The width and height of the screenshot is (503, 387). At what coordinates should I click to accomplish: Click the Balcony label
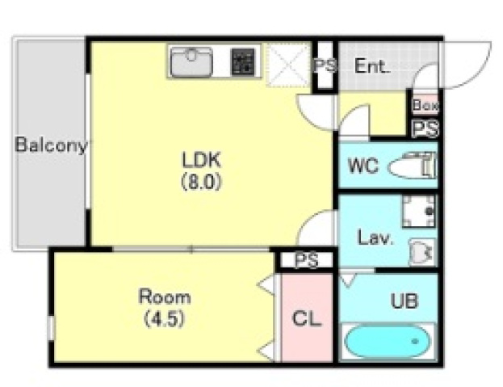(52, 145)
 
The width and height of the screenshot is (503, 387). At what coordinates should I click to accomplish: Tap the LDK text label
(202, 160)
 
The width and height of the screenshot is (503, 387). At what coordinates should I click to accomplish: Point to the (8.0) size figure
(202, 183)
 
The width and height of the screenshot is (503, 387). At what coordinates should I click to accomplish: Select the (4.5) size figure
(164, 319)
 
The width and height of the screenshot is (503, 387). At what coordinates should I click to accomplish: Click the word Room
(165, 297)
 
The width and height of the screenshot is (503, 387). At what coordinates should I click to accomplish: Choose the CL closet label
(307, 318)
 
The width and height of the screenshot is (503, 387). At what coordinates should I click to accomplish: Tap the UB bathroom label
(404, 301)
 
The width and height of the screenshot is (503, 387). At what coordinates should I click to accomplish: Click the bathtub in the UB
(388, 342)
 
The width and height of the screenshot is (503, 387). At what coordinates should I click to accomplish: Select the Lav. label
(375, 238)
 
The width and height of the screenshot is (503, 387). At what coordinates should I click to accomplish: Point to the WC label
(363, 166)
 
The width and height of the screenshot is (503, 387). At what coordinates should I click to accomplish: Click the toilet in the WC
(413, 166)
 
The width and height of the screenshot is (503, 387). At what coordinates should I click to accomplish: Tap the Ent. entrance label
(372, 66)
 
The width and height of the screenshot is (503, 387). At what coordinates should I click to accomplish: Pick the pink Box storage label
(425, 105)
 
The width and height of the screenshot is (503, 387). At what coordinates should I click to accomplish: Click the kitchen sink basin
(191, 62)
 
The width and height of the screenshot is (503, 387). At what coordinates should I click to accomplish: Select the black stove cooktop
(243, 62)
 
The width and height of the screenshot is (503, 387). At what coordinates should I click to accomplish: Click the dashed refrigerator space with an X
(287, 65)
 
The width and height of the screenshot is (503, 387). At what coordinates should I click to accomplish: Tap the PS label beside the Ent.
(325, 65)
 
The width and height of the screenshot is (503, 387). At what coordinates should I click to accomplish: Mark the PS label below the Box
(425, 128)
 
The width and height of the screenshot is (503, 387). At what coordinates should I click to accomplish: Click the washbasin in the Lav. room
(421, 251)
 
